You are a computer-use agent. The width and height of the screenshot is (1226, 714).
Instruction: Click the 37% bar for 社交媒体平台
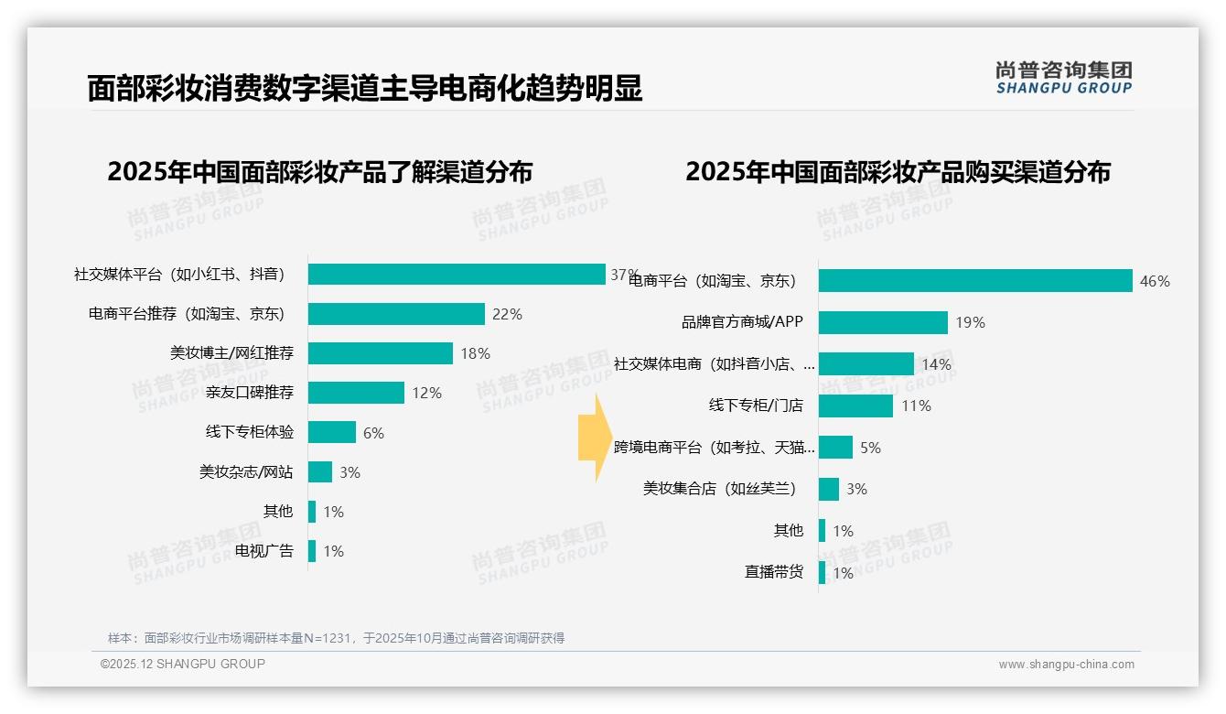point(456,275)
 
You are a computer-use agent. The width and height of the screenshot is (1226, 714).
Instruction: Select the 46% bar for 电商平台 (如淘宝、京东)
point(975,281)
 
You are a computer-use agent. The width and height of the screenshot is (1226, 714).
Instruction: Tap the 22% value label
point(507,314)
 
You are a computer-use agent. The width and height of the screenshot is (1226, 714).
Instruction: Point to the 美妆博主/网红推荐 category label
point(231,353)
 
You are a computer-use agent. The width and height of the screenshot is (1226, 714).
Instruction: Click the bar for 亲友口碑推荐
point(356,393)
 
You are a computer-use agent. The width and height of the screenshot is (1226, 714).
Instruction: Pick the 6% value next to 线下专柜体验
point(373,433)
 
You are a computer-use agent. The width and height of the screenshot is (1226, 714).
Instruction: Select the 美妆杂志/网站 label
point(246,472)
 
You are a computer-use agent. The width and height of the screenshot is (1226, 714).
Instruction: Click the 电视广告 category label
point(263,551)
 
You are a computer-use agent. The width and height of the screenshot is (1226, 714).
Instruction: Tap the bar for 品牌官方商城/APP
point(883,322)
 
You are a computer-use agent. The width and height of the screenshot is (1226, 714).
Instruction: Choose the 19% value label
point(970,322)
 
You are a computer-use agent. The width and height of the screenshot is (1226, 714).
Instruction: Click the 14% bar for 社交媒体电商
point(866,364)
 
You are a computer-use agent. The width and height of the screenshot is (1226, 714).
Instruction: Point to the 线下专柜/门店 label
point(756,406)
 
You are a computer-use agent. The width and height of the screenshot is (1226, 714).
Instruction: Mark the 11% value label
point(916,406)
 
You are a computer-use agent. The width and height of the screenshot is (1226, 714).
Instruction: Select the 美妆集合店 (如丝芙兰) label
point(719,489)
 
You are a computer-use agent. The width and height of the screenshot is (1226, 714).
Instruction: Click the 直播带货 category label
point(773,572)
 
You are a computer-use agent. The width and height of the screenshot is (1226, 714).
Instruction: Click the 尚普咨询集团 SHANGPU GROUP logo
point(1063,77)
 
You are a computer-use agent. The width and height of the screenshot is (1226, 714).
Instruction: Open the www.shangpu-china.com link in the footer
point(1066,665)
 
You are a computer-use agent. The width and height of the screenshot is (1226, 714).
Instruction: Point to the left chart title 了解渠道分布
point(319,172)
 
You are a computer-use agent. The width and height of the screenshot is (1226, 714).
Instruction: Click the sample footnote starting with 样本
point(336,638)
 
